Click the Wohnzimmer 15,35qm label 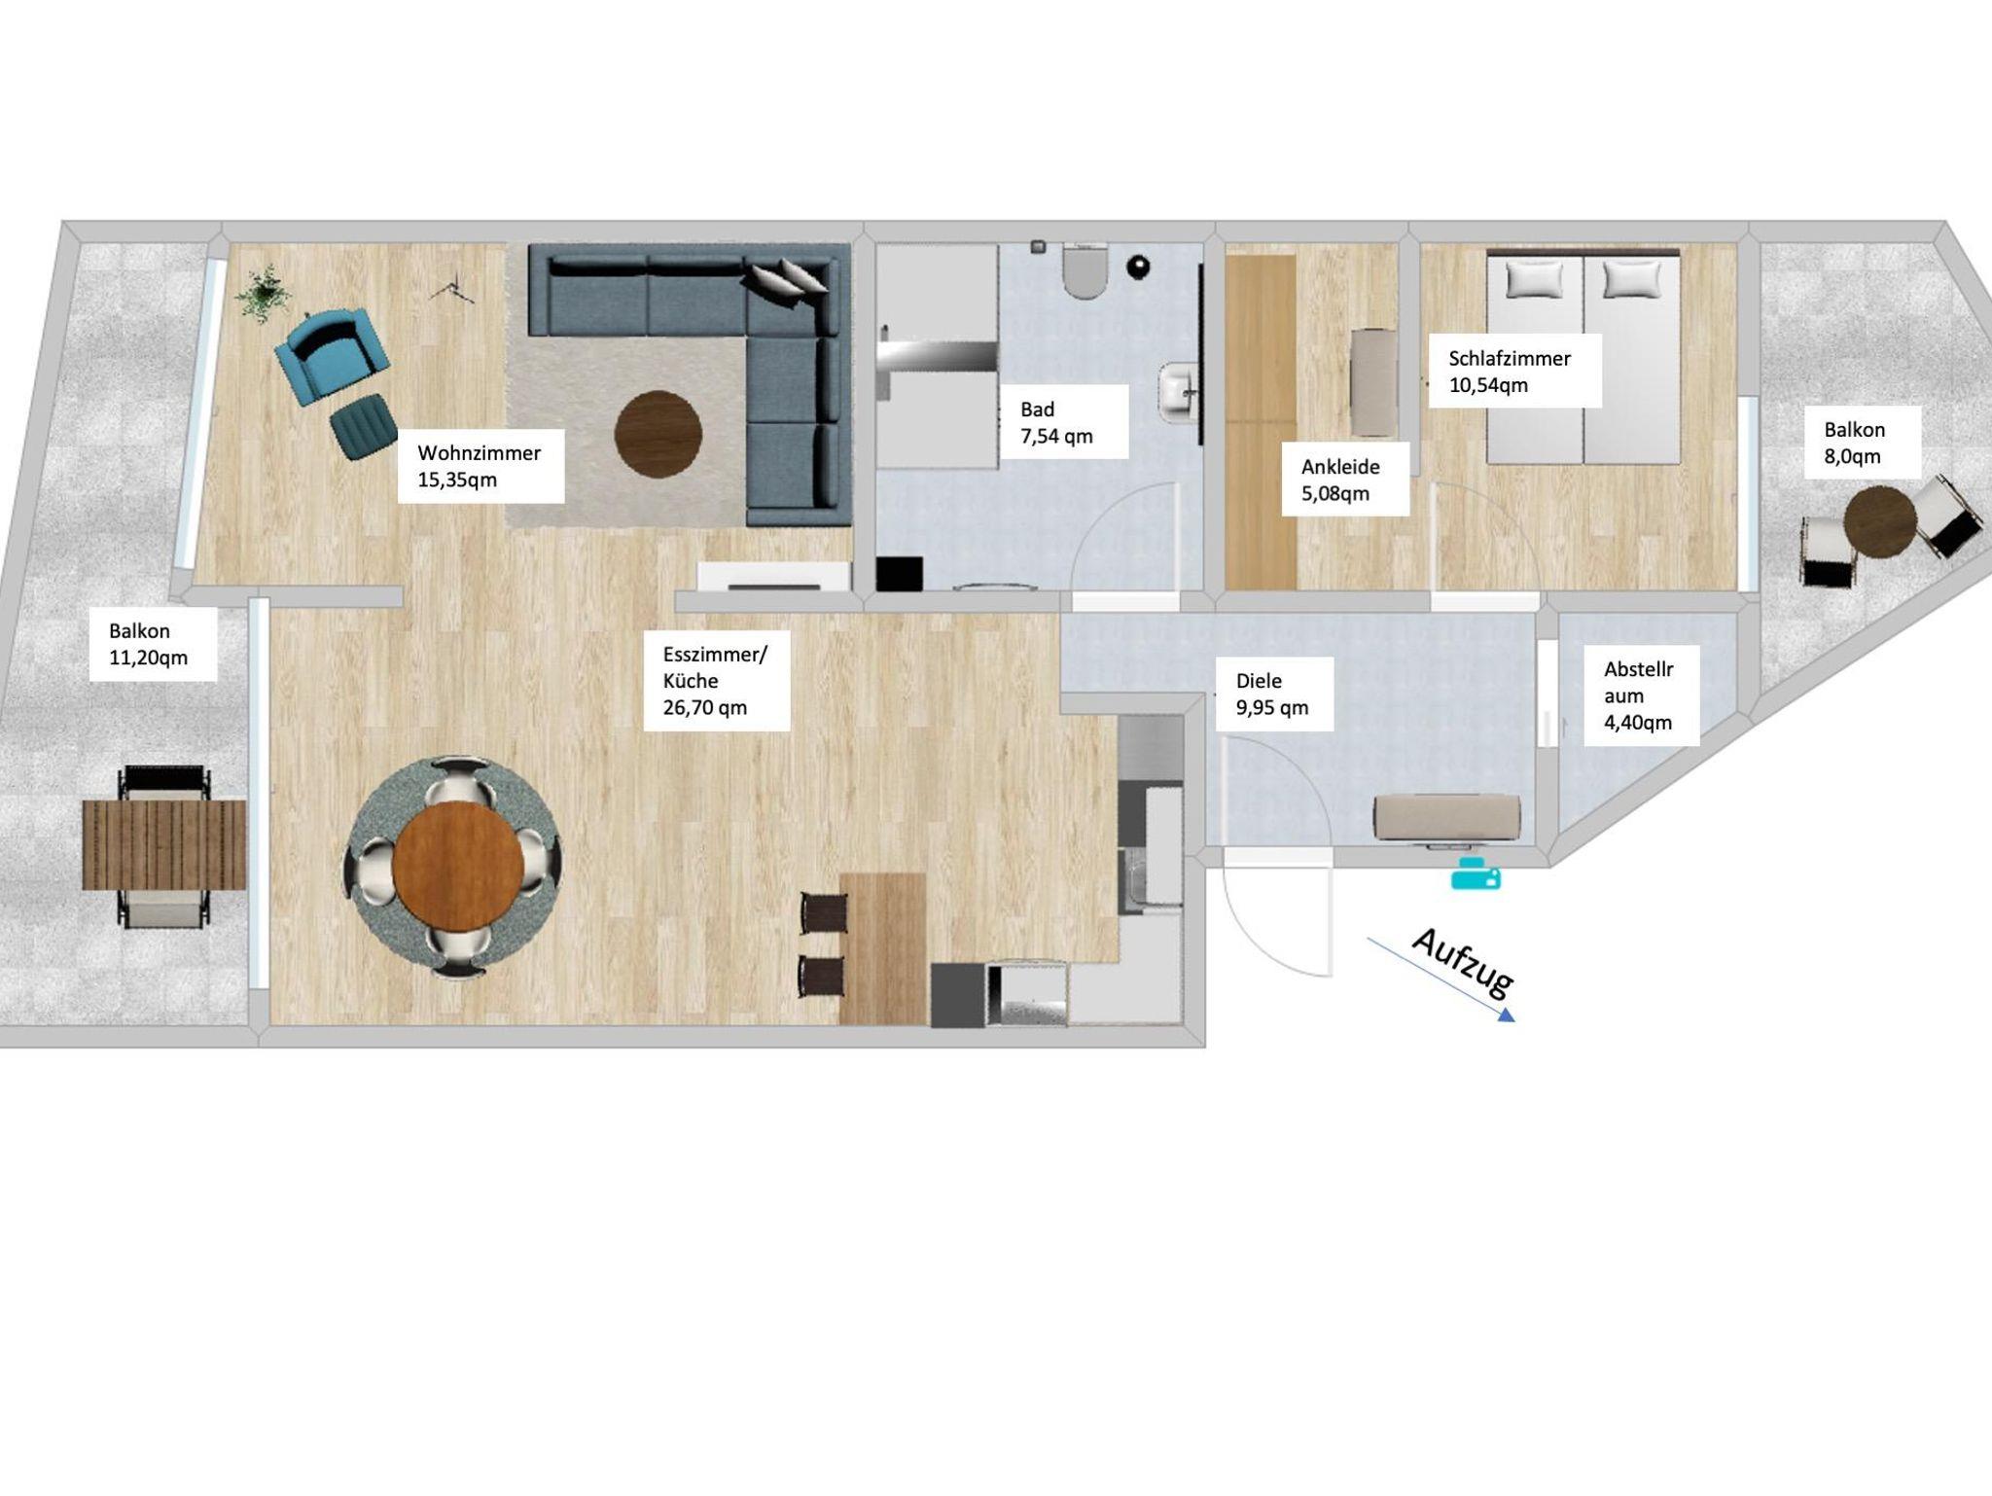(x=480, y=466)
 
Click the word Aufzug (x=1461, y=962)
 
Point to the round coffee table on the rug (x=658, y=435)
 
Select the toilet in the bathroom (x=1085, y=272)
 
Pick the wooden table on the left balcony (x=163, y=844)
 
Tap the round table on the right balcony (x=1879, y=522)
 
